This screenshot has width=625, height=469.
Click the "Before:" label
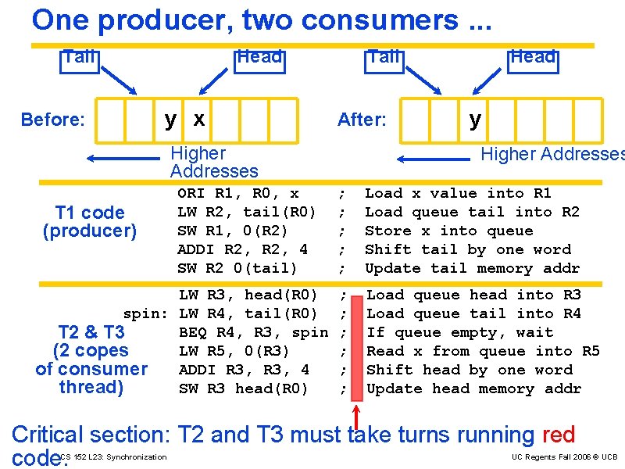click(52, 120)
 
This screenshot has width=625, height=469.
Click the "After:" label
click(362, 120)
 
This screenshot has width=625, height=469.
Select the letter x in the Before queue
click(199, 119)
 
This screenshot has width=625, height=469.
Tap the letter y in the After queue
click(475, 119)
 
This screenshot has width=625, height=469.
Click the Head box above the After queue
click(532, 57)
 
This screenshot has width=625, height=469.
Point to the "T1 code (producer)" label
click(90, 221)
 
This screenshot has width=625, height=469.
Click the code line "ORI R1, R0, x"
click(238, 193)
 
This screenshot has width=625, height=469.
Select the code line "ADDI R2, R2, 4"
click(243, 249)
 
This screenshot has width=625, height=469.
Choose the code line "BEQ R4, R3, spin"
click(253, 332)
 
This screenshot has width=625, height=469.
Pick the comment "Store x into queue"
click(448, 231)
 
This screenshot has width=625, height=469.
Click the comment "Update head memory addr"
click(473, 388)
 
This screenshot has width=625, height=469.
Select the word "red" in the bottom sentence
click(557, 435)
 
